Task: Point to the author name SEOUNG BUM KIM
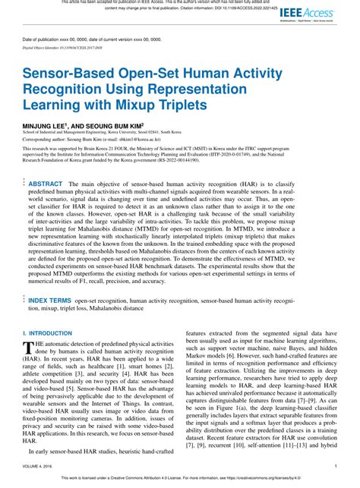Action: tap(121, 121)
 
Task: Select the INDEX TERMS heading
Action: tap(50, 301)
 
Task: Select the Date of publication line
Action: tap(84, 38)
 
